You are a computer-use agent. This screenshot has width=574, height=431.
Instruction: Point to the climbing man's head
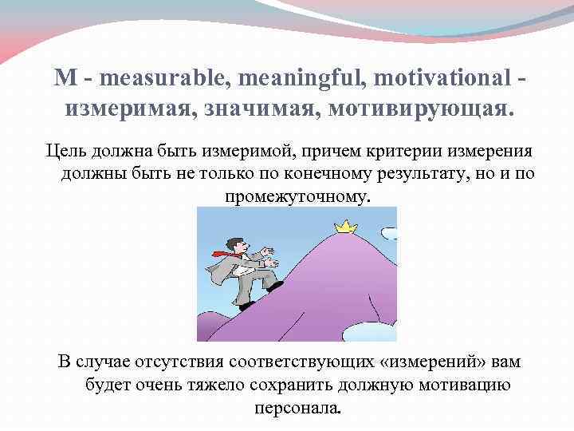pyautogui.click(x=232, y=242)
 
